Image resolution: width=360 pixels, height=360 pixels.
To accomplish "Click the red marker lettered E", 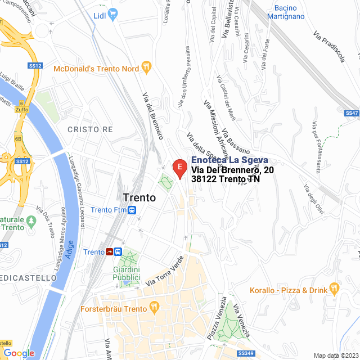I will click(x=179, y=167).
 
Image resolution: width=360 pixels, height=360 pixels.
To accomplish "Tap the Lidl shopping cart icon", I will click(x=112, y=14).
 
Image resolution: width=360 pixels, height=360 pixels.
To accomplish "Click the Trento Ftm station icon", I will click(x=131, y=210).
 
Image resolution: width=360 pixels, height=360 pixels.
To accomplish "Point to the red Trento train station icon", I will click(x=109, y=251).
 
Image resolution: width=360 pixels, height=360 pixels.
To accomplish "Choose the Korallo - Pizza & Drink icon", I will click(x=334, y=289).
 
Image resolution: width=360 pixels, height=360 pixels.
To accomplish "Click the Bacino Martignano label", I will click(x=289, y=12).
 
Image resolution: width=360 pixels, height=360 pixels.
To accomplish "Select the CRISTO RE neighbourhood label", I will click(x=90, y=129).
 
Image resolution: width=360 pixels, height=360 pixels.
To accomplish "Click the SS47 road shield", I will click(x=352, y=113).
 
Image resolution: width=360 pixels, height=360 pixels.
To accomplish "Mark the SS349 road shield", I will click(x=246, y=353).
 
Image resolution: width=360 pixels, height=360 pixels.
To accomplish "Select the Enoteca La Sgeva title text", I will click(x=229, y=160).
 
